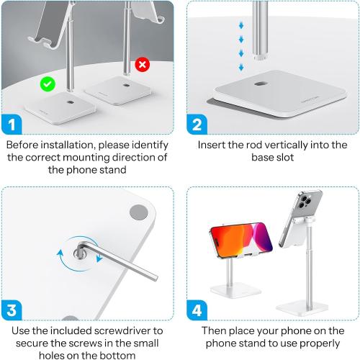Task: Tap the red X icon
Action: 143,64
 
